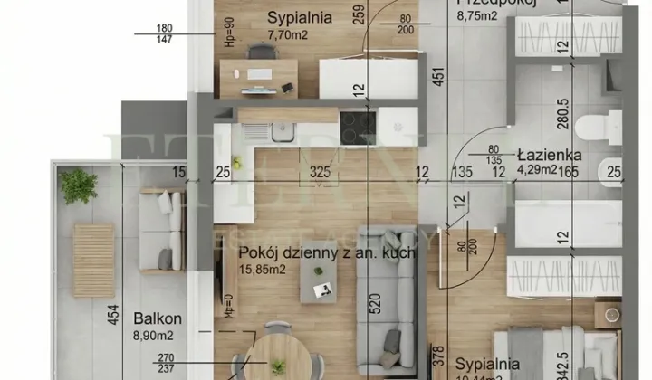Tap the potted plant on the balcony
pos(79,186)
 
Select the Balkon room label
pos(158,318)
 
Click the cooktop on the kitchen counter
pos(360,123)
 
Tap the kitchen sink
pos(280,132)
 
